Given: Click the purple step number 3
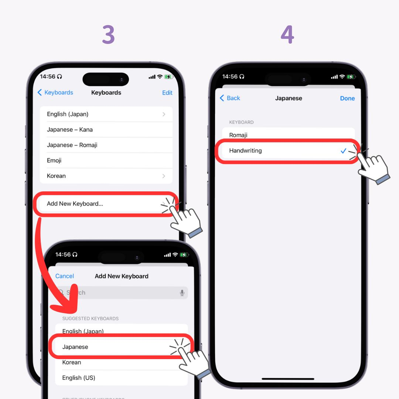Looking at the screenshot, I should click(108, 35).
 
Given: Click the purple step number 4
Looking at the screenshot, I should click(287, 35).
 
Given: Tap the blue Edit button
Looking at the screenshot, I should click(167, 93).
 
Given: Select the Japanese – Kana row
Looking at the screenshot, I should click(70, 130).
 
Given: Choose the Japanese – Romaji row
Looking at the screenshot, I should click(72, 145).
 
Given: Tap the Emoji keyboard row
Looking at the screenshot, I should click(54, 161).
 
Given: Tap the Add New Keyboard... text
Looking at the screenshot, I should click(75, 204).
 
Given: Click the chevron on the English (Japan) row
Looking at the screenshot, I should click(164, 114).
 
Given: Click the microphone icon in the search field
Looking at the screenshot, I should click(182, 293).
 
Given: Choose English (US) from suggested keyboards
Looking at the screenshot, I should click(79, 378).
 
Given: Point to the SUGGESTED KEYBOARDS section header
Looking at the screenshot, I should click(90, 318).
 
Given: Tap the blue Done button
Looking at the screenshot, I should click(347, 98).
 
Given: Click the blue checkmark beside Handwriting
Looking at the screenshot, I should click(343, 151).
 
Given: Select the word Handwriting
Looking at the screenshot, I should click(245, 151).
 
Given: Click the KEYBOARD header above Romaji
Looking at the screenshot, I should click(241, 122).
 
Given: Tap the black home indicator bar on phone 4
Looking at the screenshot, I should click(288, 379).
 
